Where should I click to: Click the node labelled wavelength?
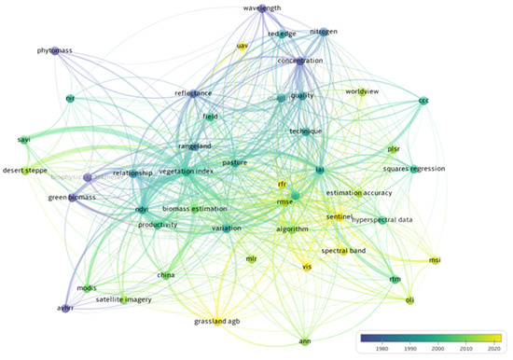(x=262, y=8)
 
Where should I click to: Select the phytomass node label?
(x=54, y=50)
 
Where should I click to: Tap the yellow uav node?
(x=243, y=45)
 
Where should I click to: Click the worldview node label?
(x=363, y=92)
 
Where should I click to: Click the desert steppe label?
(x=24, y=171)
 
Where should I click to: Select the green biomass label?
(x=71, y=197)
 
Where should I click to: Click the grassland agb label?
(x=215, y=322)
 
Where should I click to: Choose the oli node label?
(x=409, y=299)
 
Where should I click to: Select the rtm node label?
(x=395, y=278)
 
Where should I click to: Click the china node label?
(x=166, y=275)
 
